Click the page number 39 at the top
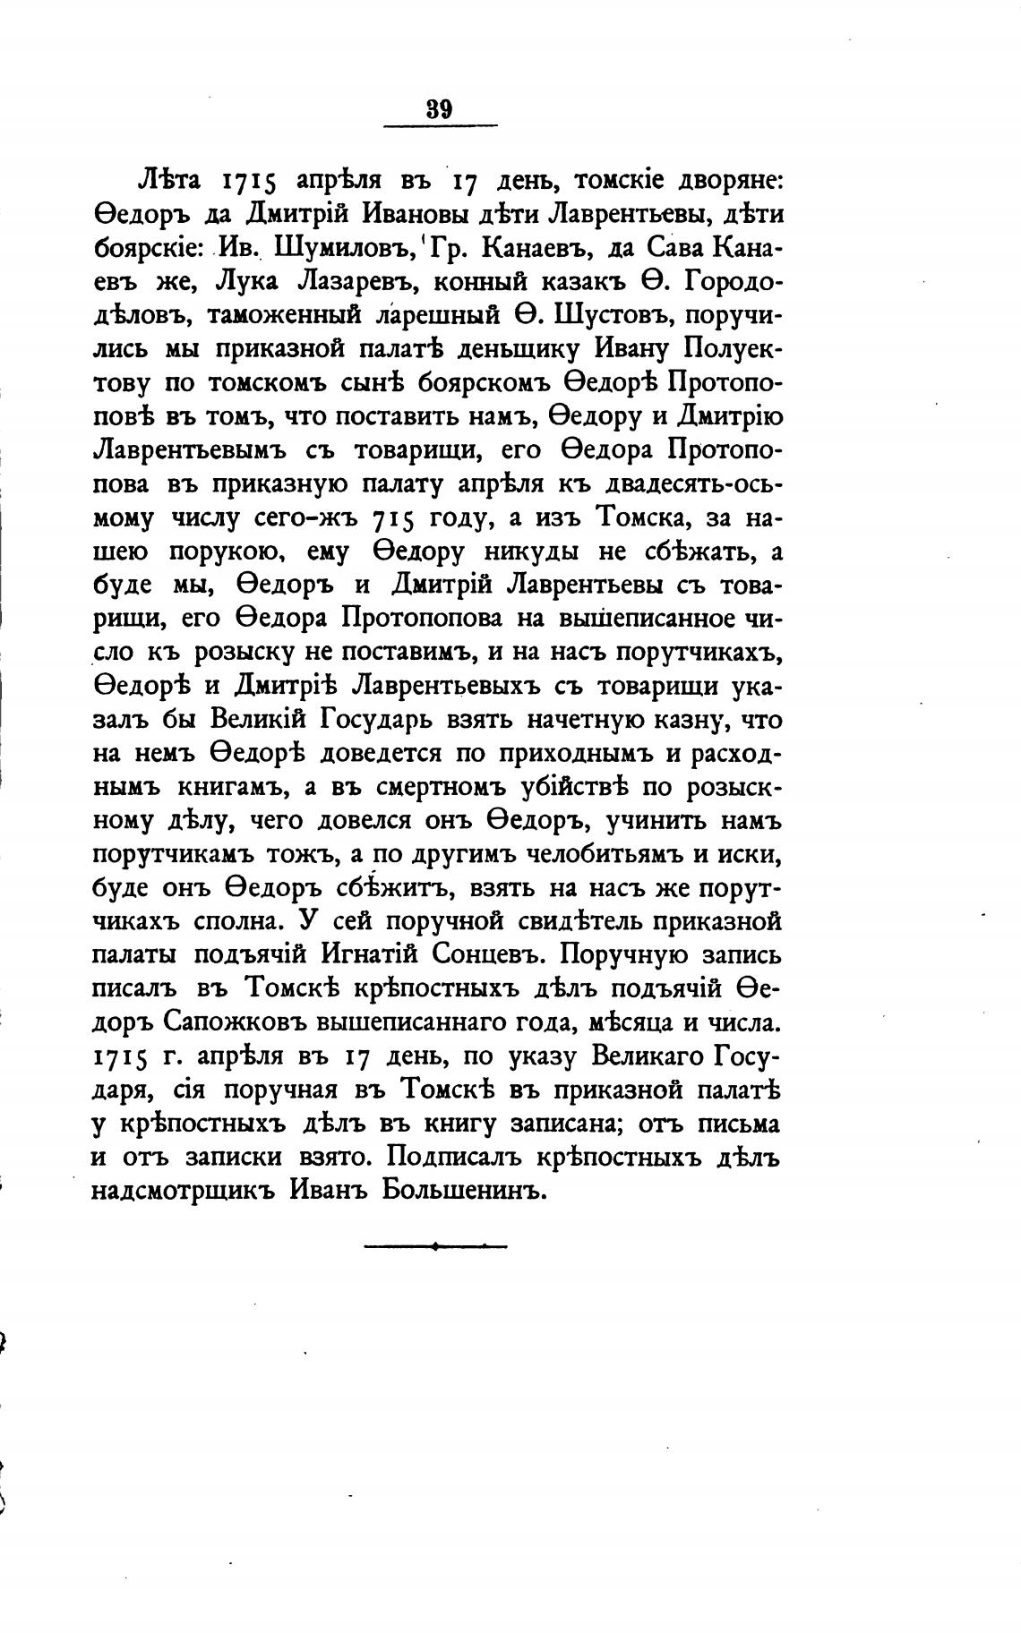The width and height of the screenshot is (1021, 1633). coord(439,110)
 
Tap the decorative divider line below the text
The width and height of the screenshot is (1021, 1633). coord(435,1245)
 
